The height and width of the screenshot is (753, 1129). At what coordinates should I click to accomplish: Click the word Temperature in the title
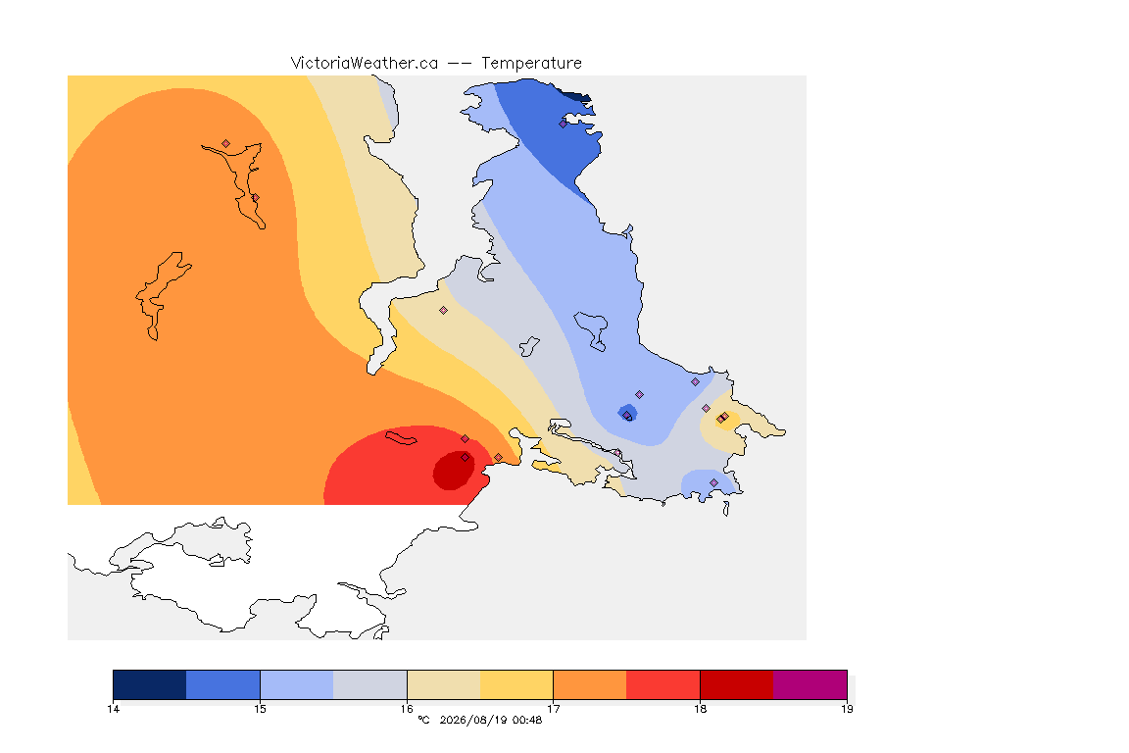click(531, 64)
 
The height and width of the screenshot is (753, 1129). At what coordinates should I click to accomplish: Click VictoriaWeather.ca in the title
click(365, 64)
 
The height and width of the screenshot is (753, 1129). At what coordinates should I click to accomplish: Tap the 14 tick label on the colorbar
click(113, 709)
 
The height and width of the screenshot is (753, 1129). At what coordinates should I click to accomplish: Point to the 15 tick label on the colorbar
click(260, 709)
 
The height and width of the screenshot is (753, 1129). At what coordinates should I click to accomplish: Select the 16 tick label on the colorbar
click(407, 709)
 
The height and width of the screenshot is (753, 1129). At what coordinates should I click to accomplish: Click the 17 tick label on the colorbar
click(553, 709)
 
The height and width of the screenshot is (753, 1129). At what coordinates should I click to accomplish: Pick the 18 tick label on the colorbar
click(700, 709)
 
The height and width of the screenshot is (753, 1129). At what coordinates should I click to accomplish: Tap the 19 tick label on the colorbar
click(847, 709)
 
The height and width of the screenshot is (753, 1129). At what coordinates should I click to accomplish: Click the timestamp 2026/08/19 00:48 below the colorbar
click(490, 720)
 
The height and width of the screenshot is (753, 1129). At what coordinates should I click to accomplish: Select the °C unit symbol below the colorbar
click(423, 720)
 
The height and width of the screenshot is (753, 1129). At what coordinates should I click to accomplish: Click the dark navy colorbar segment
click(150, 684)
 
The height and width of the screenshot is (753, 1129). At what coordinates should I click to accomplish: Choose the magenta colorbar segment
click(810, 684)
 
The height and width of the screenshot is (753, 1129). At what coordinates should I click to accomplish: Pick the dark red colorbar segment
click(737, 684)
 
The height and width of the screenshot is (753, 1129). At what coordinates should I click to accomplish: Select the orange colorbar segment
click(590, 684)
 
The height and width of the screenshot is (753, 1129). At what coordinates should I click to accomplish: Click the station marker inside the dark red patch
click(466, 458)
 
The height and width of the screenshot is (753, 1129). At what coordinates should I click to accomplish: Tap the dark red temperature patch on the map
click(453, 471)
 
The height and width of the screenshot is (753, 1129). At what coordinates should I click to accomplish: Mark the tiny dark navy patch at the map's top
click(577, 96)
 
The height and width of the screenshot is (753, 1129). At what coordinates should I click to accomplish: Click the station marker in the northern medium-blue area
click(564, 124)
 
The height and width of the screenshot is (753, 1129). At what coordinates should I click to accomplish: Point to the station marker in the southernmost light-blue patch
click(714, 482)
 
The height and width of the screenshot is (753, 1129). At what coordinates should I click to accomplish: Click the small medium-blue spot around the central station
click(627, 413)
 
